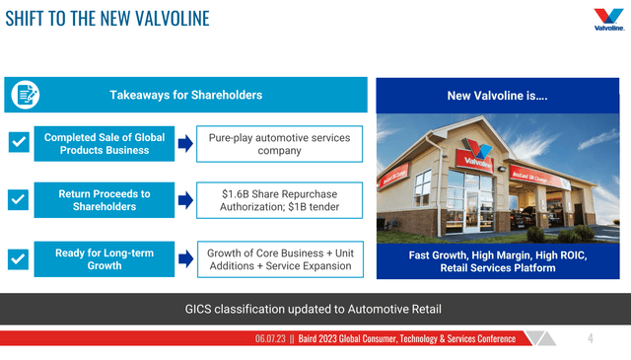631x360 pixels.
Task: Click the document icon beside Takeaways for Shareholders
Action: pos(25,95)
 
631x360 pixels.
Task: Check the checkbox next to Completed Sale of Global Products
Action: pos(18,144)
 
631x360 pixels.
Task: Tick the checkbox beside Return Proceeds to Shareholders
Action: pos(18,200)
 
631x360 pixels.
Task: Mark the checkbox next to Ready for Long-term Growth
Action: pos(18,259)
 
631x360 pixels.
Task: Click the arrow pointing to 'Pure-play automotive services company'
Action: pos(184,144)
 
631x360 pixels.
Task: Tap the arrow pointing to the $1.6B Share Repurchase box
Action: pos(184,201)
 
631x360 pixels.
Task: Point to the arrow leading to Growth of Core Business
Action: pos(184,259)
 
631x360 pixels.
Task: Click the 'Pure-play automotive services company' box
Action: pos(279,143)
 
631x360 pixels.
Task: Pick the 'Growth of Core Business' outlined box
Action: pos(279,259)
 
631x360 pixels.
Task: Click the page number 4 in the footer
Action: pos(590,338)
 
